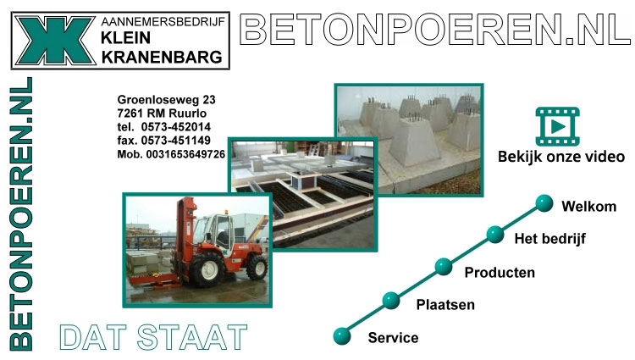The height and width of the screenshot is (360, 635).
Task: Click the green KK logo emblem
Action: tap(55, 41)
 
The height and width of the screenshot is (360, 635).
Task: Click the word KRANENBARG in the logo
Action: tap(162, 58)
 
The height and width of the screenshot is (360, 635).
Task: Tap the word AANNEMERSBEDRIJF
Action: tap(163, 22)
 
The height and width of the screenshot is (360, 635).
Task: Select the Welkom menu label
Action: tap(588, 207)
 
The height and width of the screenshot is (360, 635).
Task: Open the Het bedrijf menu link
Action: tap(550, 239)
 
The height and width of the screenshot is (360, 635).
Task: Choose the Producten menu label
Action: tap(500, 273)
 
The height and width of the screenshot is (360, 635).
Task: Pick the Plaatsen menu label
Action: tap(445, 305)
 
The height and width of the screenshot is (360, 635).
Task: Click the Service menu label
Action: tap(393, 338)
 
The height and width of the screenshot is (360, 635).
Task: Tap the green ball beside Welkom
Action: tap(544, 203)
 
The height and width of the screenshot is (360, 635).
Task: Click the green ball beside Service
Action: tap(342, 336)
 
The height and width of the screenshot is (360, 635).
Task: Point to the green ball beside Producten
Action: tap(444, 267)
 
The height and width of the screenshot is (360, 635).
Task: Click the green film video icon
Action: tap(558, 126)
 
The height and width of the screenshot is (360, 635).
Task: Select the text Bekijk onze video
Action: tap(561, 157)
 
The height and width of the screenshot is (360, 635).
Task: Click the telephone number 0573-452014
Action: tap(176, 127)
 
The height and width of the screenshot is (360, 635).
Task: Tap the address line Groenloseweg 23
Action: tap(167, 100)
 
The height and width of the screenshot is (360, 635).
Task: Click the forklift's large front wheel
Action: tap(207, 269)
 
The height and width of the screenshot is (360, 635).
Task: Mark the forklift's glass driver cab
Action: tap(217, 231)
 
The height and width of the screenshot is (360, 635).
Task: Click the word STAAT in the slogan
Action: tap(192, 337)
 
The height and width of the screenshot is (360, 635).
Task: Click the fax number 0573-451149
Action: tap(176, 141)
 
